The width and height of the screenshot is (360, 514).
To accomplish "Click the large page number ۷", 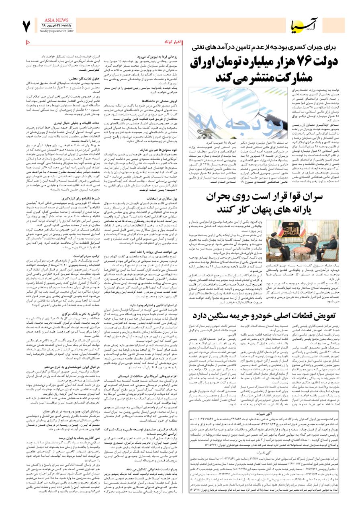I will (27, 26).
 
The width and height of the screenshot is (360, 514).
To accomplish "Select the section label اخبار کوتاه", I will (173, 42).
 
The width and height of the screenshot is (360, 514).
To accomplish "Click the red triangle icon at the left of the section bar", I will (27, 42).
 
